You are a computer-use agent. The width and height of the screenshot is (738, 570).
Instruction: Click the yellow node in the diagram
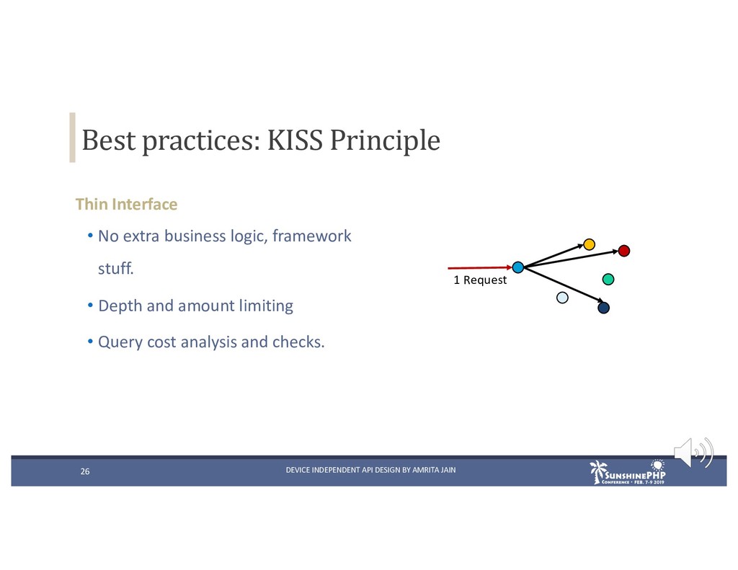pos(589,244)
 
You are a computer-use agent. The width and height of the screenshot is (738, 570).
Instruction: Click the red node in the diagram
pos(623,251)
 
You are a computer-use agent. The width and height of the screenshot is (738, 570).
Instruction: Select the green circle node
pos(608,279)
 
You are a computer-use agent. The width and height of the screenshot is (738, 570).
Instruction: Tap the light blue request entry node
pos(517,267)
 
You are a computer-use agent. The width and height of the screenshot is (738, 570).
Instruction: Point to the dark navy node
pos(603,308)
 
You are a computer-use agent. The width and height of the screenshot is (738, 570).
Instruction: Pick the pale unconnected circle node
pos(562,298)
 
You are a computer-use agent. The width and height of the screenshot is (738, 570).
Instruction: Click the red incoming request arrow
pos(479,268)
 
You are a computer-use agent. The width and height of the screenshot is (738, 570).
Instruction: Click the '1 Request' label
pos(480,280)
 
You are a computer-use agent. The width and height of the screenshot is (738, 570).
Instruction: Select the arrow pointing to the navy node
pos(564,285)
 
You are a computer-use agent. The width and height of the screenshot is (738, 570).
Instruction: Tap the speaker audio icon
pos(694,453)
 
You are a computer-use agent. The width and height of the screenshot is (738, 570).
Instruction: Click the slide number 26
pos(85,471)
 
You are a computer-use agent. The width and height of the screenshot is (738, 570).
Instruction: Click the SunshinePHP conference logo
pos(628,472)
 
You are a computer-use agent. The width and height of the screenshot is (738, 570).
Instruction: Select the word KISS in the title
pos(295,140)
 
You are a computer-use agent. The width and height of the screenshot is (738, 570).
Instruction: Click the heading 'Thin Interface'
pos(127,204)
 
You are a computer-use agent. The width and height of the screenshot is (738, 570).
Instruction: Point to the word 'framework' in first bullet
pos(311,236)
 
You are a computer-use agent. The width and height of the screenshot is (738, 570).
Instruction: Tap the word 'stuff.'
pos(116,268)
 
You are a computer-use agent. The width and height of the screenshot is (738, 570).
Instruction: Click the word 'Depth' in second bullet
pos(120,306)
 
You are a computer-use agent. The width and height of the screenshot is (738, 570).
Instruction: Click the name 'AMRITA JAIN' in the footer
pos(434,470)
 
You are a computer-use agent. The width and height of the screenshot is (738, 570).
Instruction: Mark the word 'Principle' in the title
pos(385,141)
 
